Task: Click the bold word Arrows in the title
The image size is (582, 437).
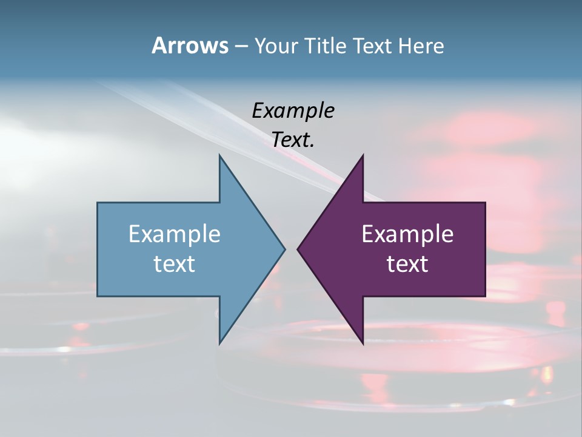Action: (189, 46)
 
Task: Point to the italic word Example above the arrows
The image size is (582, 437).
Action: (293, 110)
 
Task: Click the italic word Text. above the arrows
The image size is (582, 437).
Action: (293, 140)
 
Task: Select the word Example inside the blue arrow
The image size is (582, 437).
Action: (175, 234)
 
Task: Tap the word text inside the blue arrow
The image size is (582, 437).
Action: (175, 263)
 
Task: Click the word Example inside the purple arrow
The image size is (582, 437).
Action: (407, 234)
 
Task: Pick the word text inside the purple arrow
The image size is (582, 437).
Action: (407, 263)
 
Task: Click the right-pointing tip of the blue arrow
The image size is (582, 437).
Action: (284, 249)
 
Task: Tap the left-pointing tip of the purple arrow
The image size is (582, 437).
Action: (298, 249)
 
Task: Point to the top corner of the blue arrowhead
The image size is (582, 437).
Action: (219, 155)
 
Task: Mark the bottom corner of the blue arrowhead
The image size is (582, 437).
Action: (219, 344)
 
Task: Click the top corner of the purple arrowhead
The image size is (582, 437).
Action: (363, 155)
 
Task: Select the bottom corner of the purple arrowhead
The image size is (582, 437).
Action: (363, 344)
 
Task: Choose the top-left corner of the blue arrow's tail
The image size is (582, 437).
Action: (98, 203)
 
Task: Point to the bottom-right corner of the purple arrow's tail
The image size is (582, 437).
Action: (485, 296)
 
